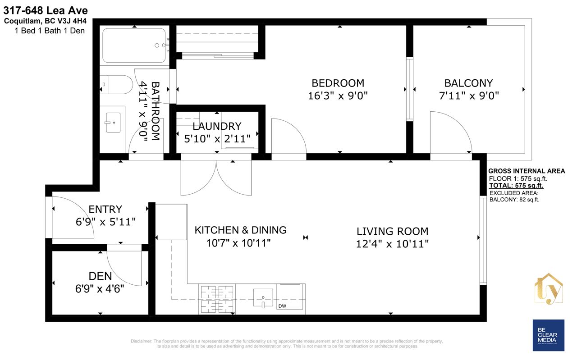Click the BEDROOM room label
tap(338, 83)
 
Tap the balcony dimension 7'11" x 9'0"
tap(469, 96)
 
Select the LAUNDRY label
tap(217, 126)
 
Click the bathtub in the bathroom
tap(134, 46)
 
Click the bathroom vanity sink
tap(113, 123)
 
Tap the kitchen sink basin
tap(263, 298)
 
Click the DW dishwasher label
tap(282, 306)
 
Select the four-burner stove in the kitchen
tap(217, 299)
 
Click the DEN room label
tap(100, 276)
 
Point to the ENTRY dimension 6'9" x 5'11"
tap(105, 222)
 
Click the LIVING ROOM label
tap(392, 231)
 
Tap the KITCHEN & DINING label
tap(241, 230)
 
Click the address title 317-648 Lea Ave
tap(46, 10)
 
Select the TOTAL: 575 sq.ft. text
tap(516, 186)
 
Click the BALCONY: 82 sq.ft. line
tap(514, 200)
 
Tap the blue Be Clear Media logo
tap(549, 335)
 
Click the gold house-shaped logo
tap(549, 289)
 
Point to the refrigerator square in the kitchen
tap(171, 222)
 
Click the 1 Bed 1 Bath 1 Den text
tap(50, 31)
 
